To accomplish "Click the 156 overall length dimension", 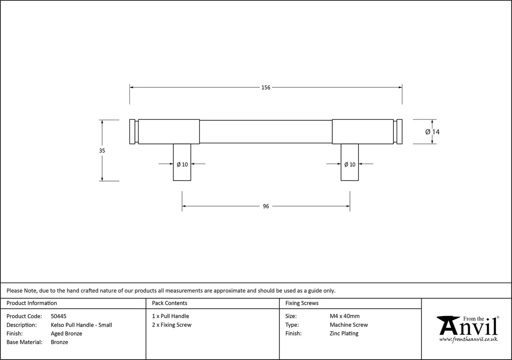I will (x=266, y=88).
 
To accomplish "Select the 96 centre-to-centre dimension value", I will (x=266, y=206).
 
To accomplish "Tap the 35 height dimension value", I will (x=102, y=151).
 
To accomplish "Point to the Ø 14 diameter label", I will (x=433, y=132).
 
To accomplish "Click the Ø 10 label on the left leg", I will (x=182, y=165).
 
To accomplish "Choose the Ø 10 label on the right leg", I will (x=350, y=165).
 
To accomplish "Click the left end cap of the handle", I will (x=132, y=132).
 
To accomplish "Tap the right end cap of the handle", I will (x=399, y=132).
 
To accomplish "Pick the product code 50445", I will (x=59, y=316).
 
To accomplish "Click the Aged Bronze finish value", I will (x=67, y=333).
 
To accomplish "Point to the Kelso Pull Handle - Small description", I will (x=81, y=325).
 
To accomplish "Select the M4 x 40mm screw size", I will (x=345, y=316).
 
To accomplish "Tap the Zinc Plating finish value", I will (x=344, y=333).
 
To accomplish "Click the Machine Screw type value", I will (x=349, y=325).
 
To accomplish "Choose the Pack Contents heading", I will (x=170, y=303).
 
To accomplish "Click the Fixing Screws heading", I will (x=302, y=303).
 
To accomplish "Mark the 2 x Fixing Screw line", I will (x=172, y=325).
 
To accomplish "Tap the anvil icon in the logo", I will (x=448, y=325).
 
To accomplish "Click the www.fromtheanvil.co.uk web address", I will (x=469, y=339).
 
